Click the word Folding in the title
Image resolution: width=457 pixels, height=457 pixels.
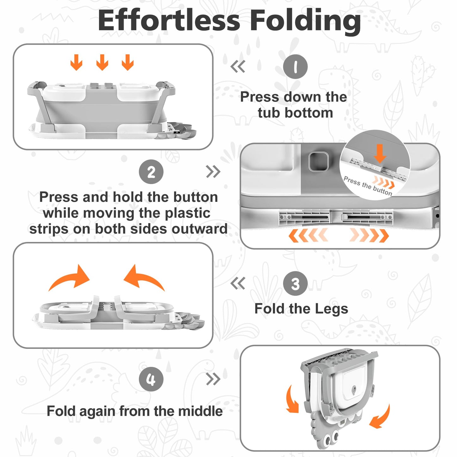pyautogui.click(x=306, y=22)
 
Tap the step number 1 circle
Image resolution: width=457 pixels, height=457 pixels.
pyautogui.click(x=295, y=67)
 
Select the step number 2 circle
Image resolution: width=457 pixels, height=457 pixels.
pyautogui.click(x=151, y=172)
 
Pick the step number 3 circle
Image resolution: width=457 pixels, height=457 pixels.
pyautogui.click(x=295, y=283)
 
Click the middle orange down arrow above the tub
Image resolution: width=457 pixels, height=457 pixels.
pyautogui.click(x=102, y=62)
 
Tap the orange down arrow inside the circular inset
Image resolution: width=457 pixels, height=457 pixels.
pyautogui.click(x=380, y=153)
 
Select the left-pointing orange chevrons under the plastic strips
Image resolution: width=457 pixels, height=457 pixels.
pyautogui.click(x=308, y=235)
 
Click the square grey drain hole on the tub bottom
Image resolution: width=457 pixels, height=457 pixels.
pyautogui.click(x=318, y=162)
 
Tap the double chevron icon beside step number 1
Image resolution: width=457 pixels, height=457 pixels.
pyautogui.click(x=238, y=66)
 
